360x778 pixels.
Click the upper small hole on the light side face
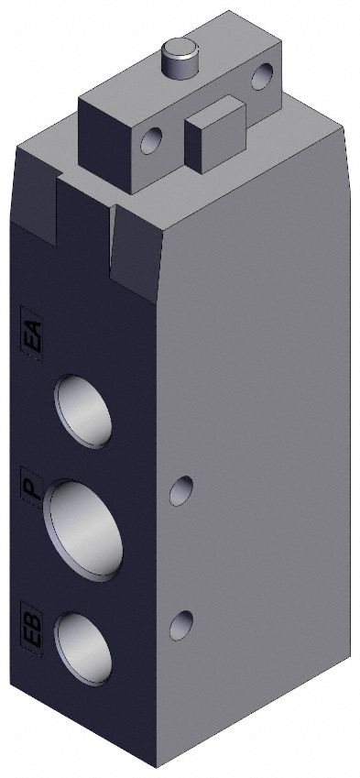pyautogui.click(x=183, y=491)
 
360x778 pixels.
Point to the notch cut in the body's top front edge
pyautogui.click(x=87, y=197)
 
